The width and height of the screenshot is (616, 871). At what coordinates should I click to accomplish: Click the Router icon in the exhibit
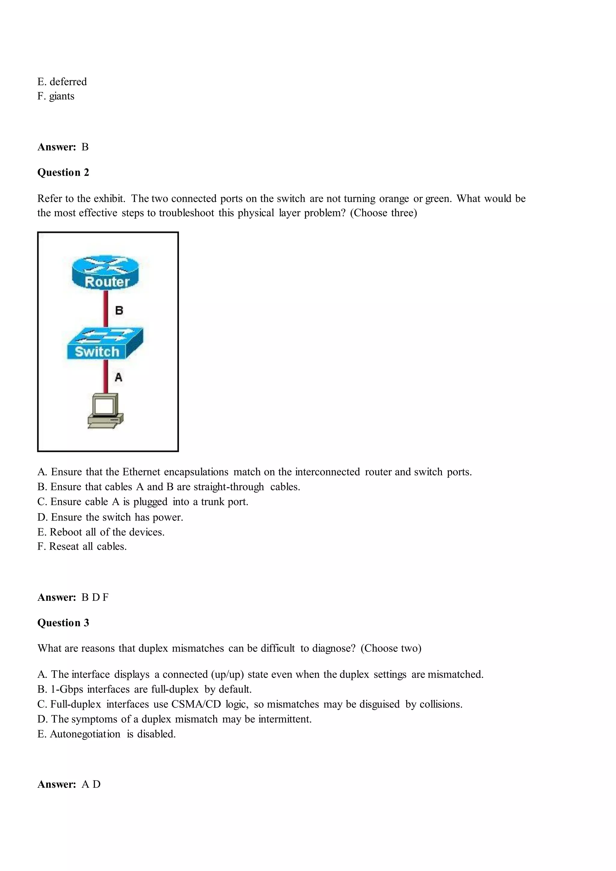(106, 271)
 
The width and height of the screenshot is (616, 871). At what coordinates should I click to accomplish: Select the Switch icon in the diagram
(105, 343)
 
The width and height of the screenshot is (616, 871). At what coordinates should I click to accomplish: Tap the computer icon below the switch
(105, 411)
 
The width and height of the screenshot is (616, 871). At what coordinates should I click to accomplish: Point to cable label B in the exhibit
(119, 311)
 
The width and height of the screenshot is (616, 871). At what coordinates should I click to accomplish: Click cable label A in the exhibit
(119, 377)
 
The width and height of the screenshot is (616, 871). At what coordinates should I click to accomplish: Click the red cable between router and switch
(106, 308)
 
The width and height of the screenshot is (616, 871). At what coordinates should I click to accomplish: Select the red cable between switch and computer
(106, 376)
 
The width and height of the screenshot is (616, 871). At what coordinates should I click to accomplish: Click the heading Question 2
(63, 173)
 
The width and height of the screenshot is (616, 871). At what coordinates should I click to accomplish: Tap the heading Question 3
(63, 623)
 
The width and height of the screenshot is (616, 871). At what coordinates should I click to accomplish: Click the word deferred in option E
(68, 82)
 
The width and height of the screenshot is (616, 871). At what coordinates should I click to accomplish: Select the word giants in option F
(61, 96)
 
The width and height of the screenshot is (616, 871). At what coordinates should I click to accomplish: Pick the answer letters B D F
(95, 597)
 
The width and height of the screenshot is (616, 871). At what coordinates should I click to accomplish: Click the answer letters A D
(91, 784)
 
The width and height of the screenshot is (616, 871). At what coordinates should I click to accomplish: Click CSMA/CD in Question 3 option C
(196, 704)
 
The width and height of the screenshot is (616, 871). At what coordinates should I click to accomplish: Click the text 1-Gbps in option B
(67, 689)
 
